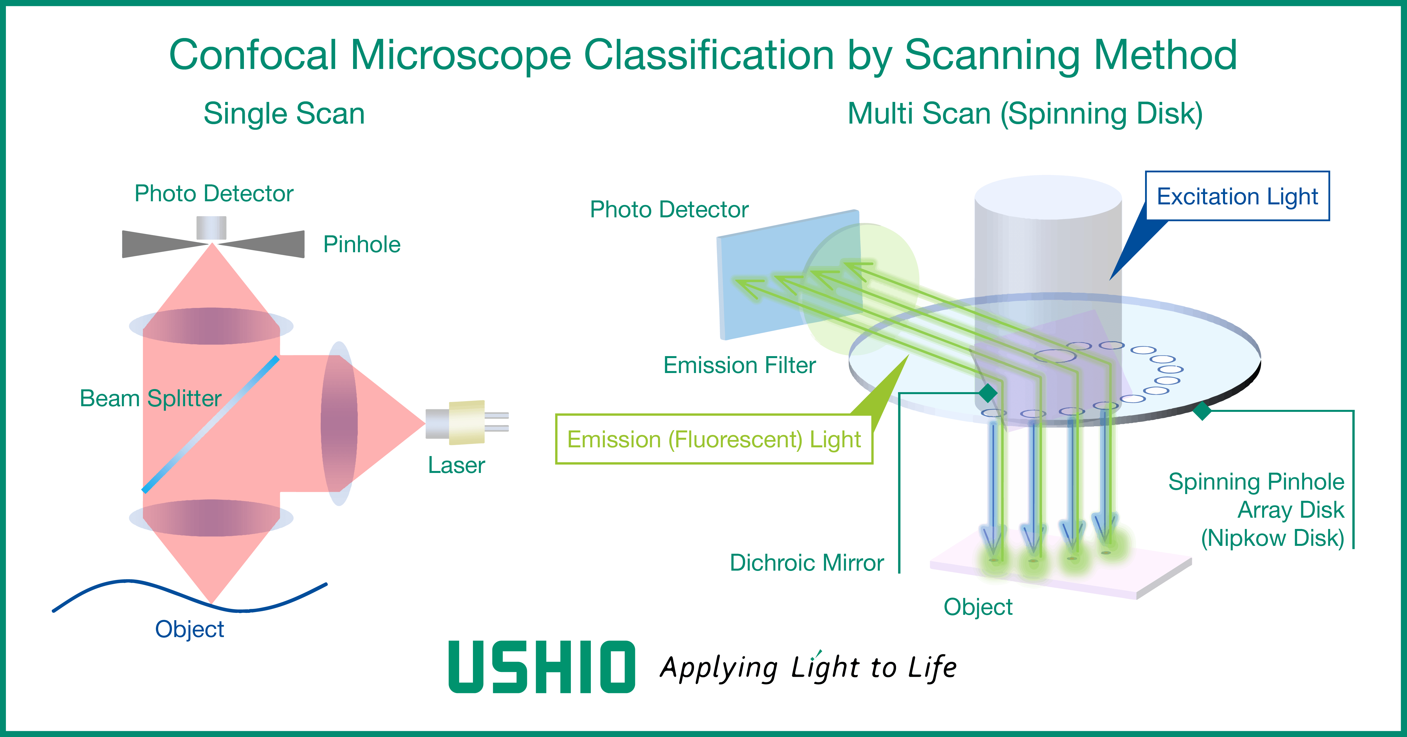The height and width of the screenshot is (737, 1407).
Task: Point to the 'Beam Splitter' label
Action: (150, 398)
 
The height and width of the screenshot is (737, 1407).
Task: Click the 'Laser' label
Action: (456, 465)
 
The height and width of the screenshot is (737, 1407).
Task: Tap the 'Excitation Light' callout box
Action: (1237, 196)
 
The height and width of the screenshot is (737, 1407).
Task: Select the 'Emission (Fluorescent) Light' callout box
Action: (714, 439)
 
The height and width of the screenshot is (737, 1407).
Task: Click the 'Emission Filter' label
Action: (740, 365)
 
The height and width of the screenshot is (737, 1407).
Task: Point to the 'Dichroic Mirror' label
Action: (807, 563)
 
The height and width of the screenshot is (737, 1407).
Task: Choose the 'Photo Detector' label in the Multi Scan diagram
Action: (669, 209)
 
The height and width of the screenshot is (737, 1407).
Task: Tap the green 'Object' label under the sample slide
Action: (978, 607)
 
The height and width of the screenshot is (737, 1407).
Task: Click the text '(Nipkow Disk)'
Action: (1272, 538)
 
